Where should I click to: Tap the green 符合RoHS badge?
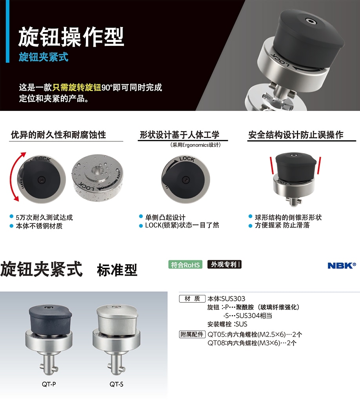click(x=185, y=265)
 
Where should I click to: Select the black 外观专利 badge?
click(x=224, y=265)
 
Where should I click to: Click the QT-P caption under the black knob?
click(x=49, y=384)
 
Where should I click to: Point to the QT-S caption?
click(x=116, y=384)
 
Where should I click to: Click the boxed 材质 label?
click(x=192, y=299)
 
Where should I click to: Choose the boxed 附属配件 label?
click(x=192, y=334)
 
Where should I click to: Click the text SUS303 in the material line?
click(x=233, y=299)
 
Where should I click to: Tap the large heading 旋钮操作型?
click(x=71, y=37)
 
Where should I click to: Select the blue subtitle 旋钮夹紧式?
click(x=44, y=57)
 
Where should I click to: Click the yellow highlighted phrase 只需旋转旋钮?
click(x=76, y=87)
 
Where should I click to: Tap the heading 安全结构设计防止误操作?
click(x=296, y=135)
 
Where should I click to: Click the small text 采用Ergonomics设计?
click(x=195, y=145)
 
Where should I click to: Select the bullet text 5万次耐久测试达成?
click(x=44, y=218)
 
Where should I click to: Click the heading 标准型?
click(x=117, y=270)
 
